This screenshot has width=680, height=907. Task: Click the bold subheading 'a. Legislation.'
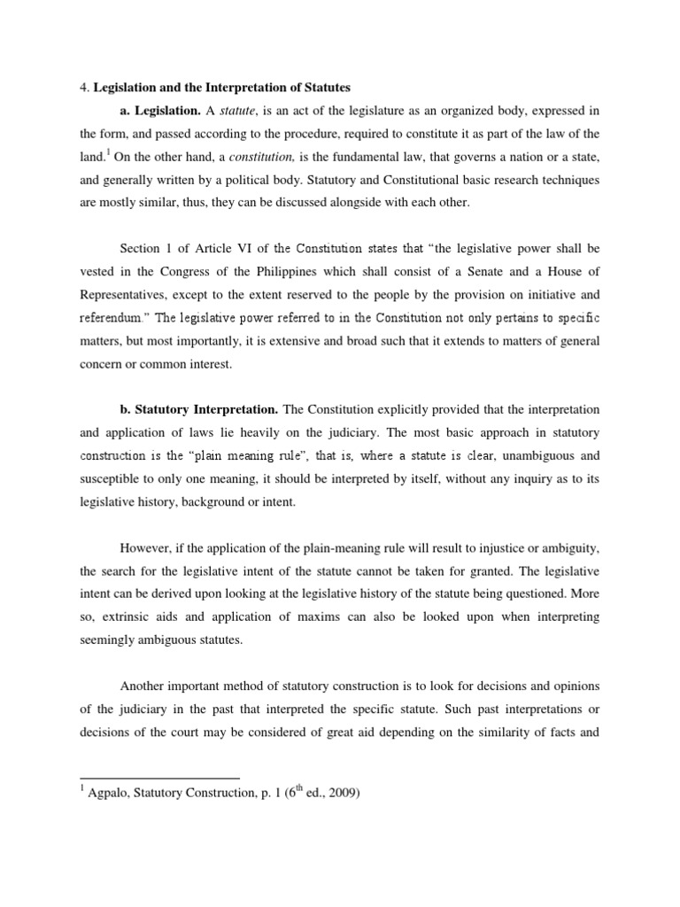pos(159,111)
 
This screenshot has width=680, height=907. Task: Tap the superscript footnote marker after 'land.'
pos(107,152)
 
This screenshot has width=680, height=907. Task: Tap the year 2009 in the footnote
pos(340,794)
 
